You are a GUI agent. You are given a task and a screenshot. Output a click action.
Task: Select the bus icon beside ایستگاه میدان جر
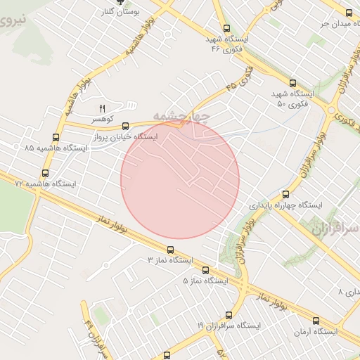347,12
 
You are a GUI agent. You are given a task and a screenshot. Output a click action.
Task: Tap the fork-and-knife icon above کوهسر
103,108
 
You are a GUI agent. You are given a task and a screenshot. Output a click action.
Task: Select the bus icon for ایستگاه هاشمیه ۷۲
46,173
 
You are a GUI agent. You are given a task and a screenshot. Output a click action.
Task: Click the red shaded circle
180,179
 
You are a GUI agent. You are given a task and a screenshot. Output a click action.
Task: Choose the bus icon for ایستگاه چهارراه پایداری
285,194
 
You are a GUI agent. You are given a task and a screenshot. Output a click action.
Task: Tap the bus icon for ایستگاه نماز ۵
205,270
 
